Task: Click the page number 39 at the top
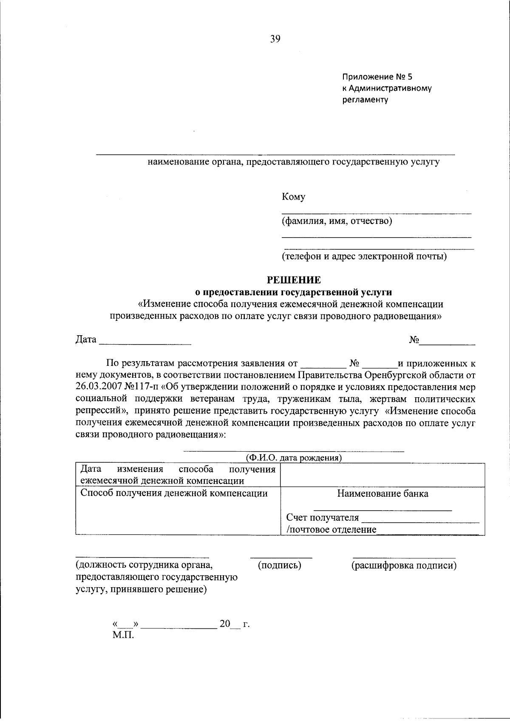tap(275, 40)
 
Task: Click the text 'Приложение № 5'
tap(377, 77)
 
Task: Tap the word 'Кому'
tap(293, 197)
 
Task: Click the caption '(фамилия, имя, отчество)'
tap(337, 221)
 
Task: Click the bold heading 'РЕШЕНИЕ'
tap(294, 280)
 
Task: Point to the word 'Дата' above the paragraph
tap(86, 340)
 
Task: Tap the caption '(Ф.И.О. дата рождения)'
tap(294, 458)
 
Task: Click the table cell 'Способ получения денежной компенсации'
tap(174, 493)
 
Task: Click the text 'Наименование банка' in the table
tap(382, 494)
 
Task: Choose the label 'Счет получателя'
tap(323, 517)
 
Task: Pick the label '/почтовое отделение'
tap(331, 529)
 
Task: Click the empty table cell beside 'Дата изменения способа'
tap(382, 475)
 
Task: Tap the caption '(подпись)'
tap(280, 565)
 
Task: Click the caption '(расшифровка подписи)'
tap(403, 565)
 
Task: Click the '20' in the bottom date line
tap(224, 624)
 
